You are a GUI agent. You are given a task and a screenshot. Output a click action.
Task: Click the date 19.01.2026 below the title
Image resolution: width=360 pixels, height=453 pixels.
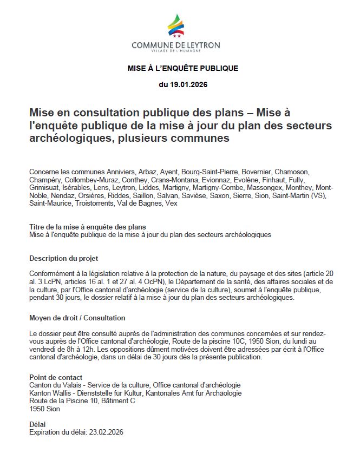[x=183, y=84]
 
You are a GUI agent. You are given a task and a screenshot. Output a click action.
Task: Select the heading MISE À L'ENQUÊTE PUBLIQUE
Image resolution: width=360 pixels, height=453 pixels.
[x=183, y=68]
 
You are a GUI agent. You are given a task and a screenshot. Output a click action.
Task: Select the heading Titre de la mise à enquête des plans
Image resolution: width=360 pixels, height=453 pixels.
[x=87, y=227]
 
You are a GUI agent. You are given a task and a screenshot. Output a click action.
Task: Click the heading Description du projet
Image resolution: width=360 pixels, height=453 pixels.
[x=63, y=258]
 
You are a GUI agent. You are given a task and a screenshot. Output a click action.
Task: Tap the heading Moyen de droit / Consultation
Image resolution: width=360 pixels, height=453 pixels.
[x=77, y=318]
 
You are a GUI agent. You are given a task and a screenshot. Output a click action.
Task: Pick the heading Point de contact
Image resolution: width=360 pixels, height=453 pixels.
[x=55, y=377]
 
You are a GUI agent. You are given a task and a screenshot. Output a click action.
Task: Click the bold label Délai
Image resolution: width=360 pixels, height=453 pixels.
[x=37, y=424]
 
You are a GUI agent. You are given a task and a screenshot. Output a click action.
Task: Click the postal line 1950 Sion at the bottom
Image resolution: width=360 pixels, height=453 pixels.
[x=44, y=409]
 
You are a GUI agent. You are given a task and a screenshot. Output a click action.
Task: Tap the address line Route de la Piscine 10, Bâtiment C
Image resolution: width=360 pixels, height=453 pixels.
[x=82, y=401]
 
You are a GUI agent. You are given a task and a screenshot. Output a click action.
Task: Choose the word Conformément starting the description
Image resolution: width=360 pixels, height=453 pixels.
[x=53, y=274]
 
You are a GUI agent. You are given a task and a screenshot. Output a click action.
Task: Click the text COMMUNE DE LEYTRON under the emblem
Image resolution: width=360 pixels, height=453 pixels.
[x=176, y=45]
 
